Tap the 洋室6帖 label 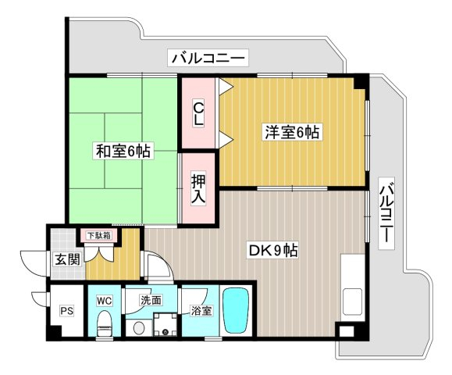(292, 132)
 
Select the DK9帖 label (273, 250)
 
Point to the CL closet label (198, 114)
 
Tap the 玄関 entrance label (67, 259)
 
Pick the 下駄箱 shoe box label (99, 235)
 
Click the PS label (66, 311)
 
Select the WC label (105, 301)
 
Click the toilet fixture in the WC (105, 323)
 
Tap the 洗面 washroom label (151, 300)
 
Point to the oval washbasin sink (139, 327)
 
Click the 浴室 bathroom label (201, 311)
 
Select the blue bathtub (236, 311)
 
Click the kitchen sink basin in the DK (352, 302)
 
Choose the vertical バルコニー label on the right (386, 212)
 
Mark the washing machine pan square (165, 324)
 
